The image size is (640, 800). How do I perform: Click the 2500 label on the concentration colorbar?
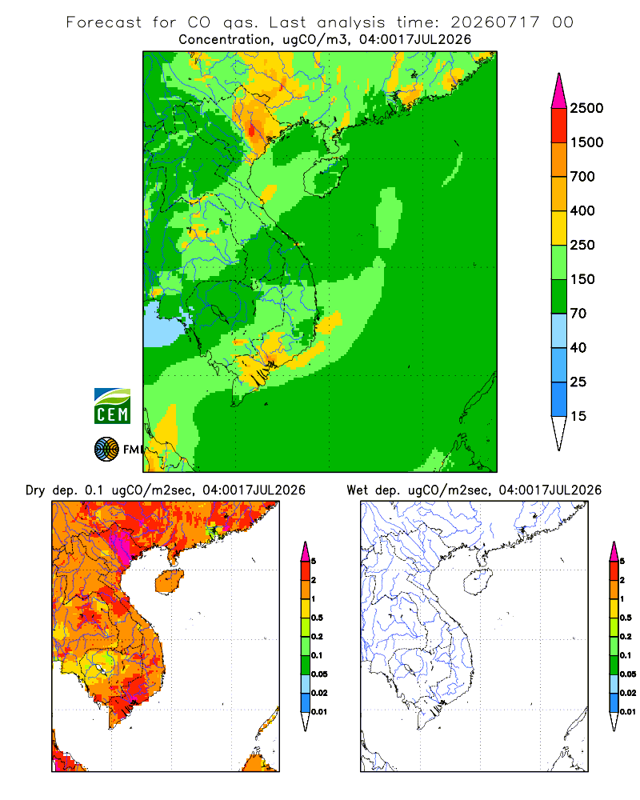pos(586,108)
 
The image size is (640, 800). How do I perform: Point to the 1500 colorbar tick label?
pos(586,142)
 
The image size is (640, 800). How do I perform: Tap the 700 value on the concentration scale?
pos(582,177)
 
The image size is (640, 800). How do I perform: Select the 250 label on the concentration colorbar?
pos(582,245)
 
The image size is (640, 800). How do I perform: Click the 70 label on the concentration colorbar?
pos(578,314)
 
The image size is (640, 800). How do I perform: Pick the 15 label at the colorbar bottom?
pos(578,416)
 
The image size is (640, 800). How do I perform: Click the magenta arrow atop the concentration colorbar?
pos(559,91)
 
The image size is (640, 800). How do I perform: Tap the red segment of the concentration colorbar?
pos(559,126)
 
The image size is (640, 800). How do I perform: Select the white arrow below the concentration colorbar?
pos(559,433)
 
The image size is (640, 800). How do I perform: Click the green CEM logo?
pos(112,406)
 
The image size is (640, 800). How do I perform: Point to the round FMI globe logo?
pos(106,450)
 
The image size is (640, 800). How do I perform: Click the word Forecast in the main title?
pos(104,22)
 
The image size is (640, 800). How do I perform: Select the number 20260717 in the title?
pos(494,22)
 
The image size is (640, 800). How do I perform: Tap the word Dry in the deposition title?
pos(35,491)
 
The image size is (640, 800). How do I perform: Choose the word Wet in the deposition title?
pos(357,490)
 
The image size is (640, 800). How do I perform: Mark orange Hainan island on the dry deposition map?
pos(169,582)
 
